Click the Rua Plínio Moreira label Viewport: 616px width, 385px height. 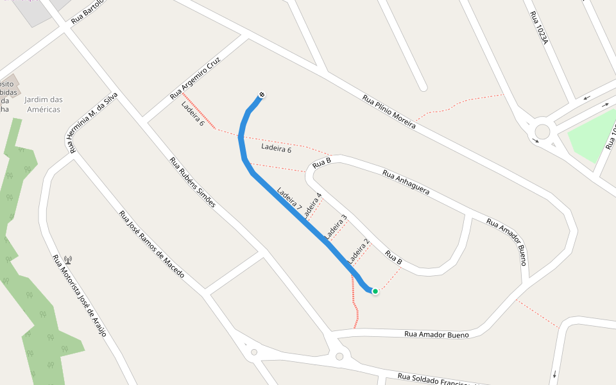pos(389,112)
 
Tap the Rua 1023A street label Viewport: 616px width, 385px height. pos(538,27)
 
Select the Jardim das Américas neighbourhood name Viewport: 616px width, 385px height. pos(44,104)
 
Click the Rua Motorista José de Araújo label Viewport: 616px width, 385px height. pos(80,295)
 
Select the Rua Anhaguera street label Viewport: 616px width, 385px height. pos(406,182)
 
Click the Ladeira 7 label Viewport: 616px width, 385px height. pos(289,199)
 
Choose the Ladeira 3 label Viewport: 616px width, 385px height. pos(336,226)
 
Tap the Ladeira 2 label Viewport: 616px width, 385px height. pos(358,252)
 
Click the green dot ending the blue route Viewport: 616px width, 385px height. pos(375,291)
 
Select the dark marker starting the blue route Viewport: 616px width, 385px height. pos(262,95)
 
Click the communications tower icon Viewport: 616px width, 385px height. pos(68,260)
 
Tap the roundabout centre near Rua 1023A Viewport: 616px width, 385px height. pos(542,132)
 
